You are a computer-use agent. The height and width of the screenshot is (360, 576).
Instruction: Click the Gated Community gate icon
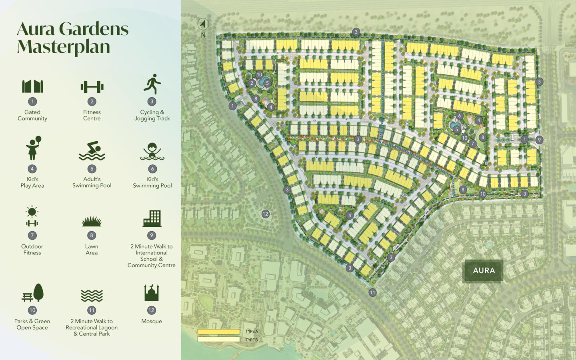point(32,86)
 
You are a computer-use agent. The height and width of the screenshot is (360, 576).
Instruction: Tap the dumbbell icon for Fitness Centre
point(92,87)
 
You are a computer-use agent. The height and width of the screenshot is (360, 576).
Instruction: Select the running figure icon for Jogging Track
point(152,84)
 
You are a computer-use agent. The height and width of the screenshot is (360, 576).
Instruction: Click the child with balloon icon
point(33,148)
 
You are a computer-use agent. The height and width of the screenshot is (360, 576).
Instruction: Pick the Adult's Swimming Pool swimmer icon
point(92,151)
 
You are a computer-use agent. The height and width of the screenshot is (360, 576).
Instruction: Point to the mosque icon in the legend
point(152,293)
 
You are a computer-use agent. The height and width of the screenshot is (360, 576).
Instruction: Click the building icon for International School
point(152,218)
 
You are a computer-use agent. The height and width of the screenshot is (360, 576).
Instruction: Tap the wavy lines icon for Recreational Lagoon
point(92,296)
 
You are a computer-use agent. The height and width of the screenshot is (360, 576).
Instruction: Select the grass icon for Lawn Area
point(92,221)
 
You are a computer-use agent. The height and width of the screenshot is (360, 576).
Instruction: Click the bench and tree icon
point(32,293)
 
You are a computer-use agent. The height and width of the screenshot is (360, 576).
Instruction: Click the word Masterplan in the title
point(63,46)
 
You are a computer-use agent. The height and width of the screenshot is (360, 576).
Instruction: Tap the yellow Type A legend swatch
point(219,332)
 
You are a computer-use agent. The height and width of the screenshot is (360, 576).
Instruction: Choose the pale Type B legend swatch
point(219,340)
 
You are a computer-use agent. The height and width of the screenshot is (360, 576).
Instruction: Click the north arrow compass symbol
point(203,24)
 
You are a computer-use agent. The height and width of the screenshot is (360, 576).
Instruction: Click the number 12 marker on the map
point(265,214)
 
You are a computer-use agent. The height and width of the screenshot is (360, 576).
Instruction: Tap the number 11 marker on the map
point(372,292)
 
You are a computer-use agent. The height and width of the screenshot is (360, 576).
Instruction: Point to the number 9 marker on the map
point(539,140)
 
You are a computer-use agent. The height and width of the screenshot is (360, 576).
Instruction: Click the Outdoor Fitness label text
point(32,250)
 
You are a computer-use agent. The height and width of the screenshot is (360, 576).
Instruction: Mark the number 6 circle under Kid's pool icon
point(152,169)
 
